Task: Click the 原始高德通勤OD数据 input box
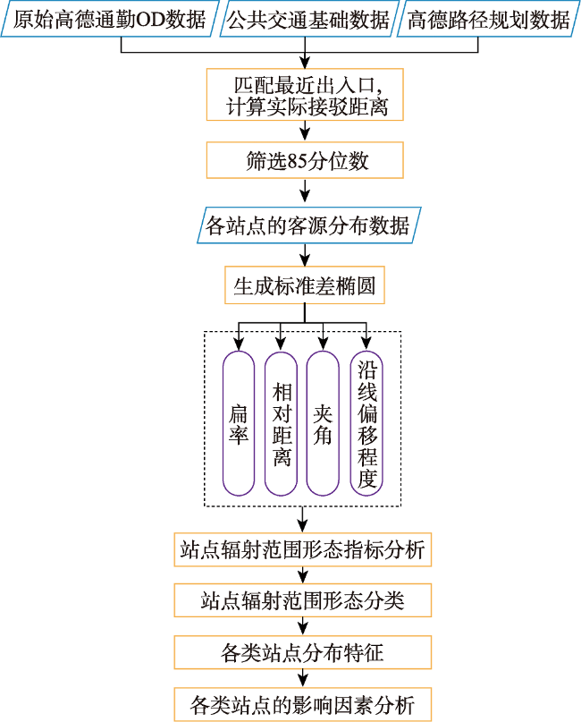click(x=109, y=20)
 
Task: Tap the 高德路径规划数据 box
click(x=488, y=20)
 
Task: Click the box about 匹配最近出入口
click(x=305, y=95)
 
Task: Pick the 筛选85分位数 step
click(x=305, y=160)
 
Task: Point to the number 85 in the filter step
click(x=297, y=161)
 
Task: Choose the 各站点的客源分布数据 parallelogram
click(x=309, y=225)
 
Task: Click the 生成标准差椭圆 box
click(x=305, y=285)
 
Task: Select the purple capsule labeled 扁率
click(x=239, y=423)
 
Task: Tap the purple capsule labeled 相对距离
click(x=281, y=423)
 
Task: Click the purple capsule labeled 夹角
click(x=323, y=423)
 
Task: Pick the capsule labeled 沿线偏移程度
click(x=366, y=423)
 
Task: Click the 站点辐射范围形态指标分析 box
click(x=303, y=550)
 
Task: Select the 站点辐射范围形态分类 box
click(x=303, y=600)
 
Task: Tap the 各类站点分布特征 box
click(x=303, y=652)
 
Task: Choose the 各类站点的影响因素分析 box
click(x=303, y=704)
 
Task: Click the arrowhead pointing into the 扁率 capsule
click(x=239, y=344)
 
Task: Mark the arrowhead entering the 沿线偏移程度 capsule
click(x=366, y=343)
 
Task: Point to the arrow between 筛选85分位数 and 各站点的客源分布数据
click(x=305, y=191)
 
